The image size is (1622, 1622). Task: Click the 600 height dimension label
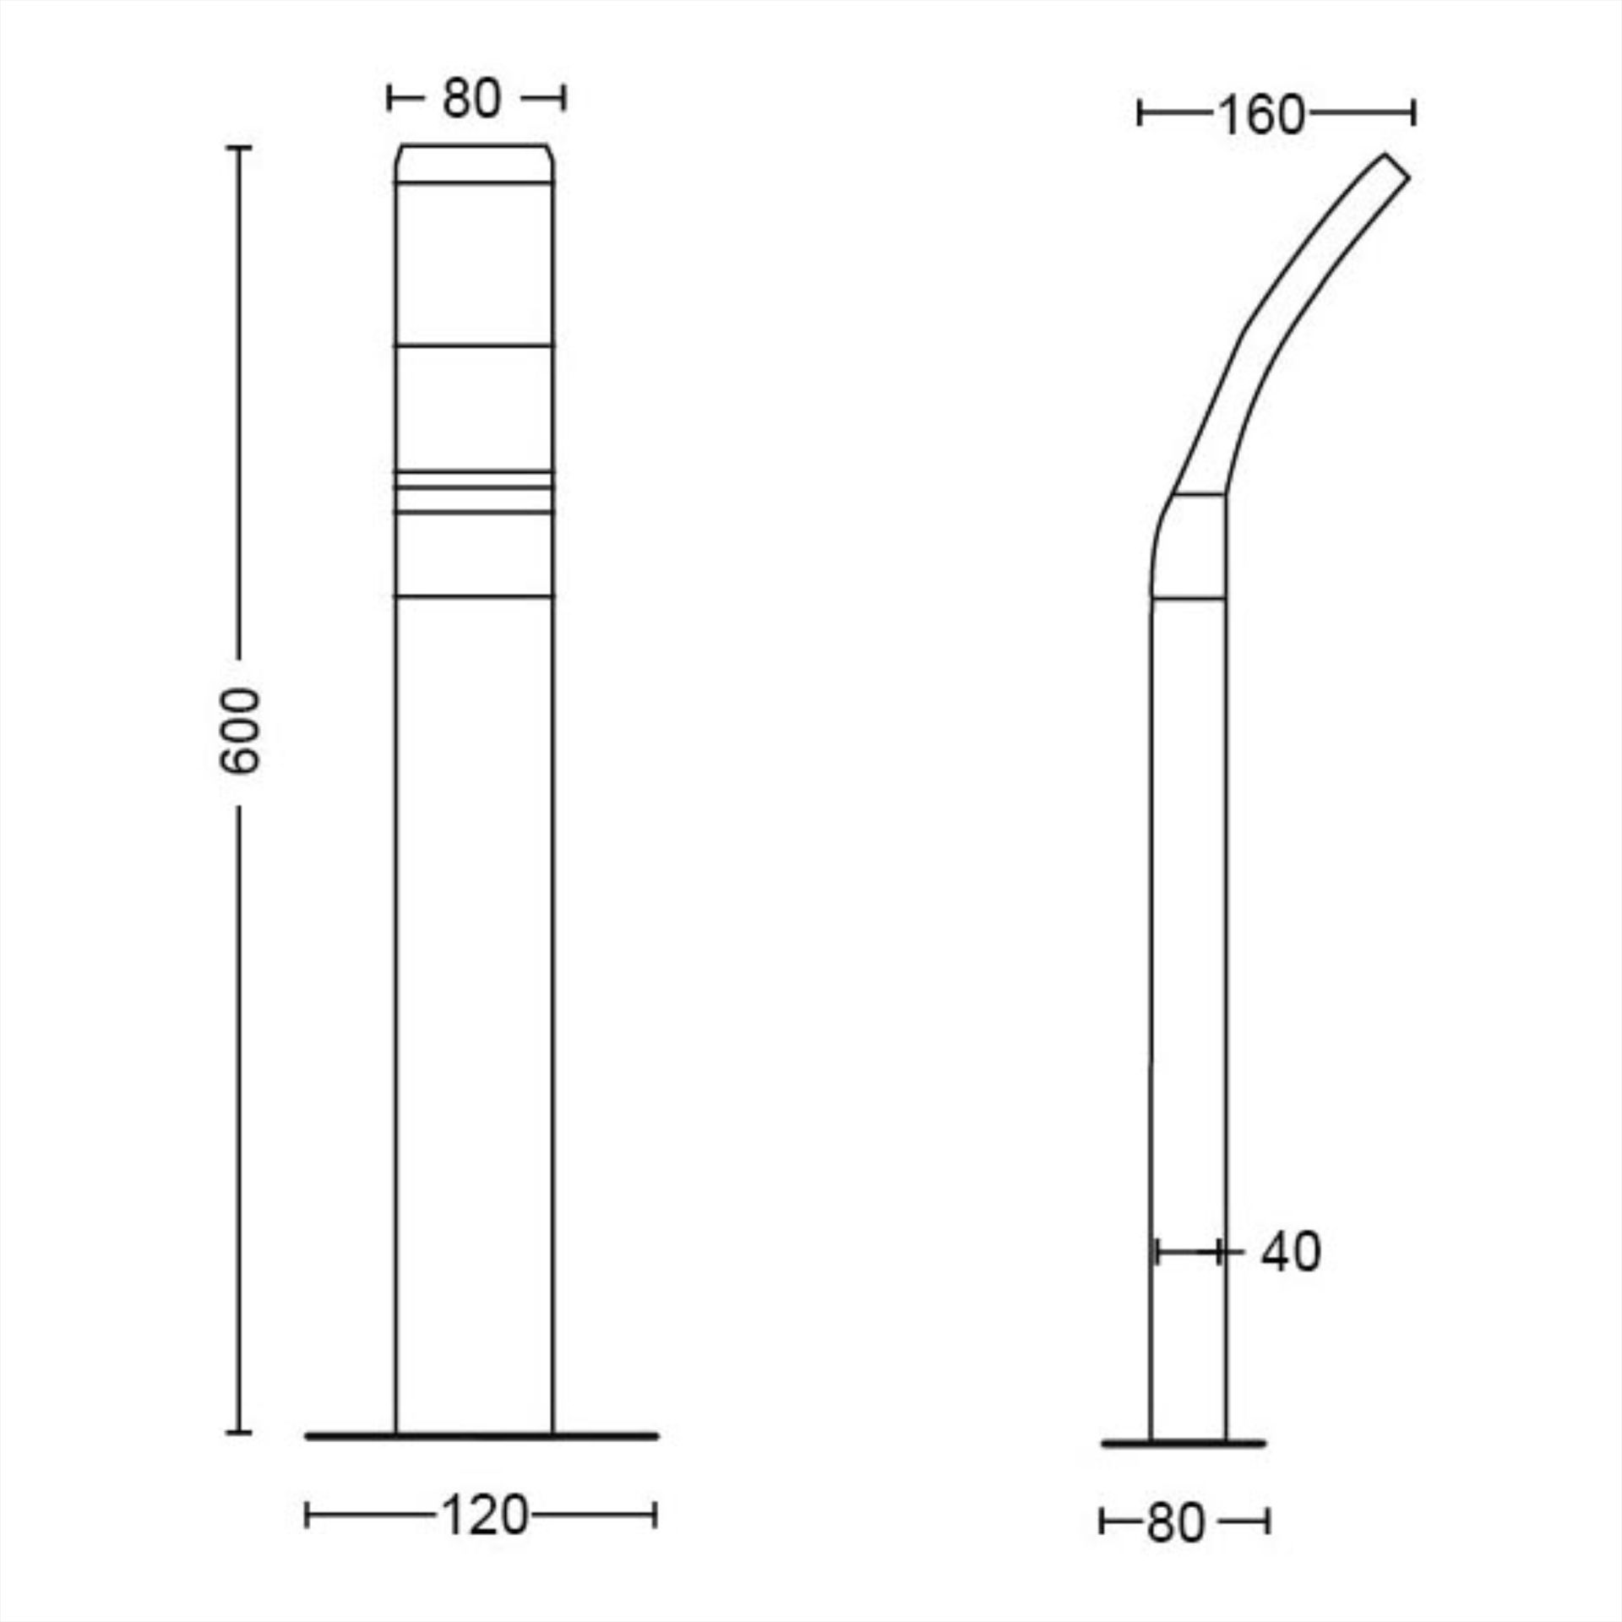240,731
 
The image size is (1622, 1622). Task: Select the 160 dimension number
1261,115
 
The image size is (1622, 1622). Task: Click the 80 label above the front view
471,98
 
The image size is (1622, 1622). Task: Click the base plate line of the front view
482,1435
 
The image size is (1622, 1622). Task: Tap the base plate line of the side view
1184,1444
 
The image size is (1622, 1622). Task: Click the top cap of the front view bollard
475,163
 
